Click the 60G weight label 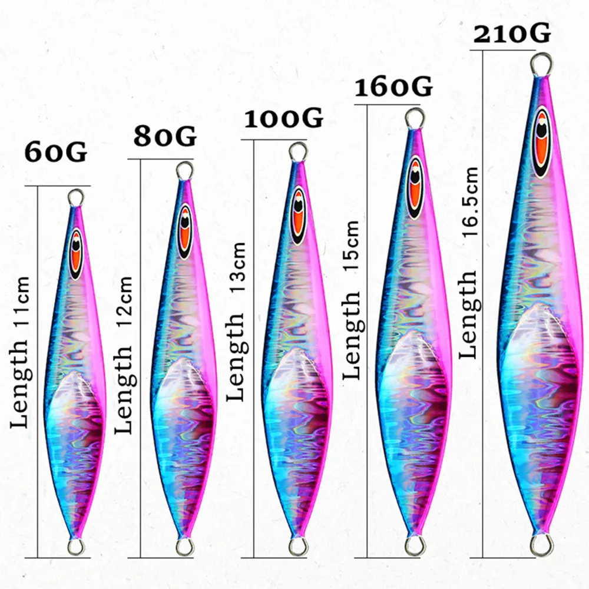[56, 152]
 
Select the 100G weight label [284, 118]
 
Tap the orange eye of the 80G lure [185, 230]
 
